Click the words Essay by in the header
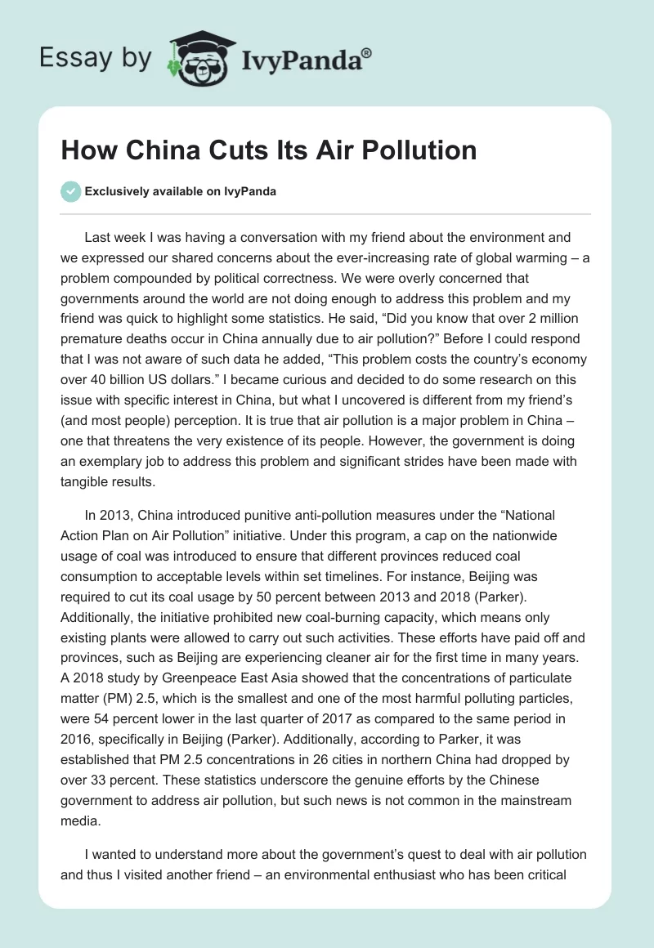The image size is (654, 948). click(95, 58)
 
